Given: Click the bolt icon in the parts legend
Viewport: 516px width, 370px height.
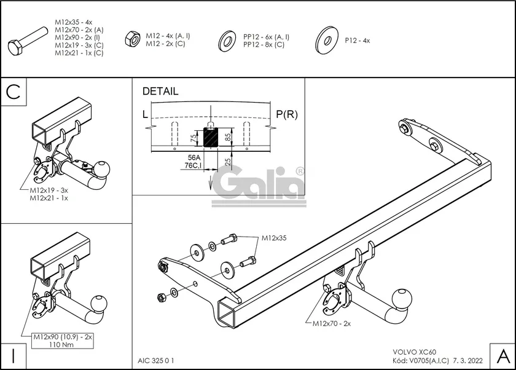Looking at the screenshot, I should [28, 40].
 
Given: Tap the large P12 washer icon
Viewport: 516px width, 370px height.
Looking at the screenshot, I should [325, 41].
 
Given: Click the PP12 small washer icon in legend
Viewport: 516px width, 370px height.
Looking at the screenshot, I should [226, 41].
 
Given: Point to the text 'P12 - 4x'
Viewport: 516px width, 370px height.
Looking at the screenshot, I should [357, 41].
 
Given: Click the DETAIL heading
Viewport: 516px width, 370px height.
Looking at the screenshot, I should [160, 92].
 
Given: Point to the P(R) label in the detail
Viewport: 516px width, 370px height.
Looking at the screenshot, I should [286, 114].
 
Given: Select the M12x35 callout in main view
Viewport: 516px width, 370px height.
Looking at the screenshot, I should [274, 237].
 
